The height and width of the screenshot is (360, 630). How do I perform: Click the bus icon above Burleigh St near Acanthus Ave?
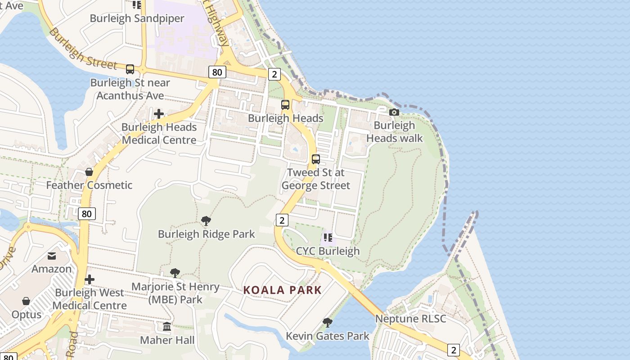pos(130,69)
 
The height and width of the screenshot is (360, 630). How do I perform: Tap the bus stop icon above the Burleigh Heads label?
pos(285,105)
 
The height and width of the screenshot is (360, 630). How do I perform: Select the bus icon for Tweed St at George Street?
pos(316,159)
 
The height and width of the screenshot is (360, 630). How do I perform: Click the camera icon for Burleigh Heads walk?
pos(394,112)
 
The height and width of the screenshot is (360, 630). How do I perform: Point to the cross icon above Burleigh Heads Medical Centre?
pos(159,114)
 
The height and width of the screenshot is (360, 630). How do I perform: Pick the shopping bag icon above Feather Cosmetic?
pos(89,172)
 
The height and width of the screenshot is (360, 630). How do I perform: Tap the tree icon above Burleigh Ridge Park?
pos(206,220)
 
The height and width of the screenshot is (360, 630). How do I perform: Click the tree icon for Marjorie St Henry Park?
pos(175,273)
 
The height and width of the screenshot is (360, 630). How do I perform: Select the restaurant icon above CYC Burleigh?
pos(328,237)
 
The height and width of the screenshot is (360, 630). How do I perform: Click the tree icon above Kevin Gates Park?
pos(328,322)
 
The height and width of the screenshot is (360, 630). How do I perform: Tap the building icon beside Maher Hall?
pos(167,326)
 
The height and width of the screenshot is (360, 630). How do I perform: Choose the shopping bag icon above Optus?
pos(26,301)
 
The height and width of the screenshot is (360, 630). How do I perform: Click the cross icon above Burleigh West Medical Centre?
pos(90,279)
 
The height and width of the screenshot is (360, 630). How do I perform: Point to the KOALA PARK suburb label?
pos(283,290)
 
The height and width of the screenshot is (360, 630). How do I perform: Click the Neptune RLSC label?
pos(410,319)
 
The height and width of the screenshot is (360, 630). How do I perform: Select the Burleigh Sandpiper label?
pos(137,18)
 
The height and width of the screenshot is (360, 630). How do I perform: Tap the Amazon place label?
pos(51,269)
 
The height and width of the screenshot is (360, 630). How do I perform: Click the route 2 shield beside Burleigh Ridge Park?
pos(282,220)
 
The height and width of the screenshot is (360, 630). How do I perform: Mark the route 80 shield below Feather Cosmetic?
pos(86,214)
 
